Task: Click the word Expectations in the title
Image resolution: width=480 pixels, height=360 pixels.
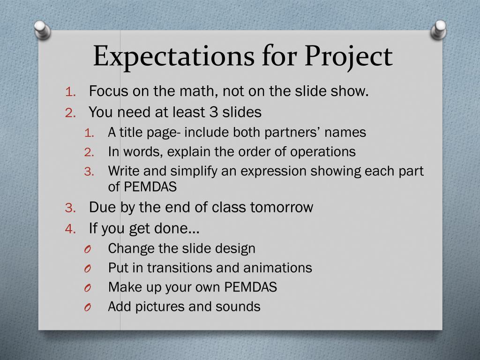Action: point(173,56)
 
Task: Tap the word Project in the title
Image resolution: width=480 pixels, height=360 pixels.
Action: point(348,56)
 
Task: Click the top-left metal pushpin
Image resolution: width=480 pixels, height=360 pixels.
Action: point(42,30)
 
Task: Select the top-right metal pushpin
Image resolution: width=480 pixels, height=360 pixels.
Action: point(438,30)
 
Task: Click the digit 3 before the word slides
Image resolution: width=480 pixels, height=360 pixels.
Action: point(213,112)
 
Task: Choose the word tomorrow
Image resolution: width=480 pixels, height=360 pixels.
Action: point(282,207)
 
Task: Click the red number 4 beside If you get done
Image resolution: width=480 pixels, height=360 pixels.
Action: point(70,229)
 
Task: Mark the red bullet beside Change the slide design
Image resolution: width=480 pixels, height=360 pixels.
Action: point(88,249)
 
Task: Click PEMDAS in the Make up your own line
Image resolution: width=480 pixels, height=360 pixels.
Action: point(250,287)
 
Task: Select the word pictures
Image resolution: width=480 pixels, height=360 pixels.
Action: point(159,307)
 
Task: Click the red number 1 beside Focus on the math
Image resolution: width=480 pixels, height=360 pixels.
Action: point(70,91)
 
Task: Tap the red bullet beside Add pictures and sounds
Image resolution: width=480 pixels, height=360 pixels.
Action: point(88,307)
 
